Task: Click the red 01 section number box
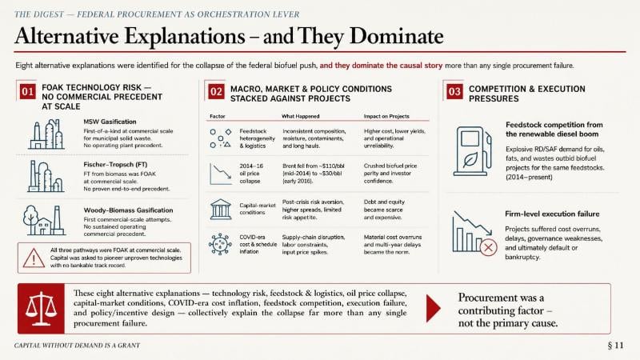click(27, 91)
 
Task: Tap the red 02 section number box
click(216, 91)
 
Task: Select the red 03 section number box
click(454, 91)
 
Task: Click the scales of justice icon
click(41, 308)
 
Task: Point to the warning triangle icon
click(34, 258)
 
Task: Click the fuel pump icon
click(473, 151)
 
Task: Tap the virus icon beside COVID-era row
click(220, 244)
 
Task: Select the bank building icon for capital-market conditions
click(221, 210)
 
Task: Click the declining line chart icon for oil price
click(221, 174)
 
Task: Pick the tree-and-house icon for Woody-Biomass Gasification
click(44, 220)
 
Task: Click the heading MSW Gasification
click(110, 122)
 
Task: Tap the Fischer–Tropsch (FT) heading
click(115, 165)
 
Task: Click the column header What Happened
click(301, 116)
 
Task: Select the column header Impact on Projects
click(386, 116)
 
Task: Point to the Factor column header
click(217, 116)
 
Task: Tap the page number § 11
click(615, 346)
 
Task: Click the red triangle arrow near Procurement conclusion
click(433, 309)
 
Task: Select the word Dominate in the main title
click(396, 36)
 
